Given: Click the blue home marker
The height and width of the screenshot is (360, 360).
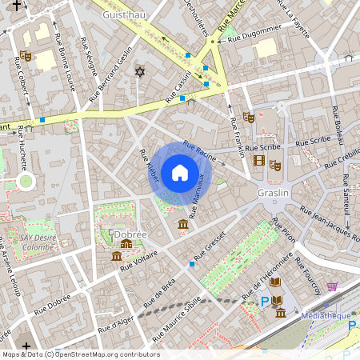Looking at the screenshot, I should pos(180,173).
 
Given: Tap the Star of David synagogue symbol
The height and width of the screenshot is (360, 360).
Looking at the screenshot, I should pos(141,73).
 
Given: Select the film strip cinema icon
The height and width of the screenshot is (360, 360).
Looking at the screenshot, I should pos(258,160).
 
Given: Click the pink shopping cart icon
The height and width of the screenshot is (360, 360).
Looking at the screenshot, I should pos(331,286).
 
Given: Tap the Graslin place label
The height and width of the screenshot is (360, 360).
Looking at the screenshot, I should pos(273,194).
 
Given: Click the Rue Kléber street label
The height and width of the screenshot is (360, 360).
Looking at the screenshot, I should pos(149,169).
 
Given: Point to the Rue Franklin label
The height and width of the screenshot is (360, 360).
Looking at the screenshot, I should pos(236,137).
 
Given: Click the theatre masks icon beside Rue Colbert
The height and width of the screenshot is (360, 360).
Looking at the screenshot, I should pos(26,57).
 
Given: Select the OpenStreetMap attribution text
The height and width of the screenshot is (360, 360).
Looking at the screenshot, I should pos(80,354).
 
